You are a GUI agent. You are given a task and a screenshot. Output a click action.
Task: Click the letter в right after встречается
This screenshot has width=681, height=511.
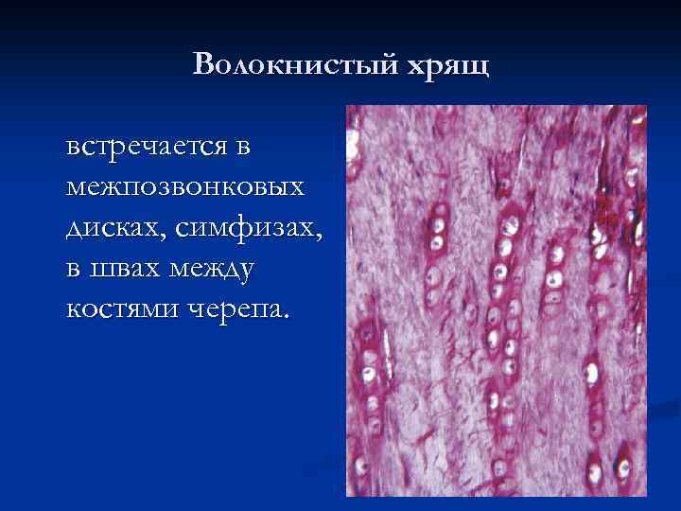click(x=245, y=147)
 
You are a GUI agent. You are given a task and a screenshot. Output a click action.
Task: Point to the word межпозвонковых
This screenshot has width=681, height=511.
click(x=186, y=187)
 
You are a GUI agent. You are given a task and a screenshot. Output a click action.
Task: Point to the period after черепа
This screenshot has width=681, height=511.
click(x=287, y=318)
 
